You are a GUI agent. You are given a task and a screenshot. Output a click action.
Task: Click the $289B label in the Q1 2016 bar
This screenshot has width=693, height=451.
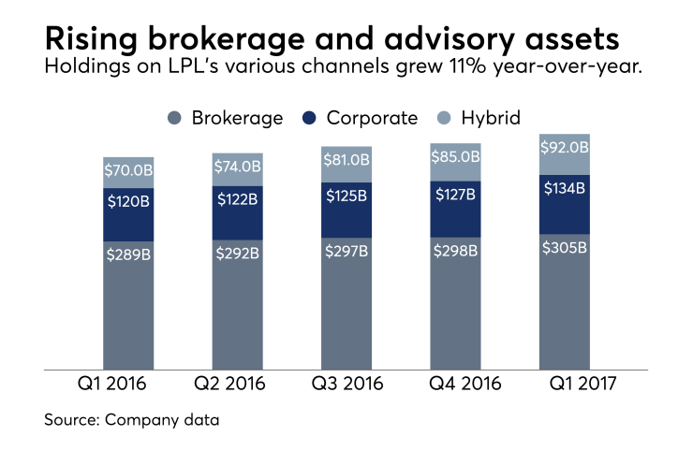click(128, 253)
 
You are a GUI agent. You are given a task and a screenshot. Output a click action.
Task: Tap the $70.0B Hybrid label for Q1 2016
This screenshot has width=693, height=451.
click(128, 172)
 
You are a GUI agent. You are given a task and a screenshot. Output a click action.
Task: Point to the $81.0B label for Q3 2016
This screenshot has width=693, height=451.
click(346, 162)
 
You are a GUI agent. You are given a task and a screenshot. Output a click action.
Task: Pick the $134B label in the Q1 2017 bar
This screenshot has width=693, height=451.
click(565, 188)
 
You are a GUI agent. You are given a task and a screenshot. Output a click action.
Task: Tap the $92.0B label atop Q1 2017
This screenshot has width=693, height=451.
click(565, 146)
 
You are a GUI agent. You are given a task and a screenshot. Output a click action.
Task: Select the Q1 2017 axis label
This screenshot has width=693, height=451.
click(565, 384)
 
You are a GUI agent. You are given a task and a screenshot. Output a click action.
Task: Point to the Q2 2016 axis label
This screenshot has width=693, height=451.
click(238, 384)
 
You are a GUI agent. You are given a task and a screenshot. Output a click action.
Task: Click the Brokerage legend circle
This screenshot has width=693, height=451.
click(175, 118)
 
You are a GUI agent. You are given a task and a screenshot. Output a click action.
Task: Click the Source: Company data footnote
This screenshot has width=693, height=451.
click(132, 420)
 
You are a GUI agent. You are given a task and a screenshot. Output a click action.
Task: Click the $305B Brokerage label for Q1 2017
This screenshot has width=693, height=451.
click(565, 247)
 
